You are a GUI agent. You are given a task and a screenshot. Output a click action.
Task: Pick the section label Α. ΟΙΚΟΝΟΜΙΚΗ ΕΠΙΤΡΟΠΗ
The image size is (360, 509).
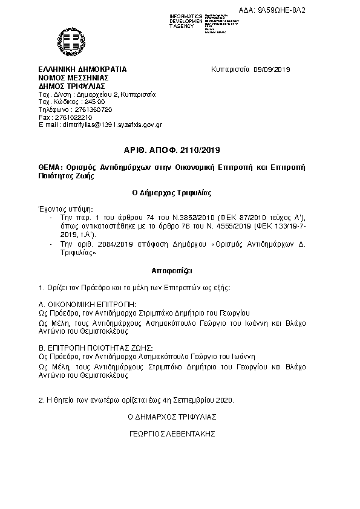click(x=88, y=303)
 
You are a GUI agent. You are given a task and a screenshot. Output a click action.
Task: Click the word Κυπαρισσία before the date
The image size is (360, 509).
click(x=231, y=70)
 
